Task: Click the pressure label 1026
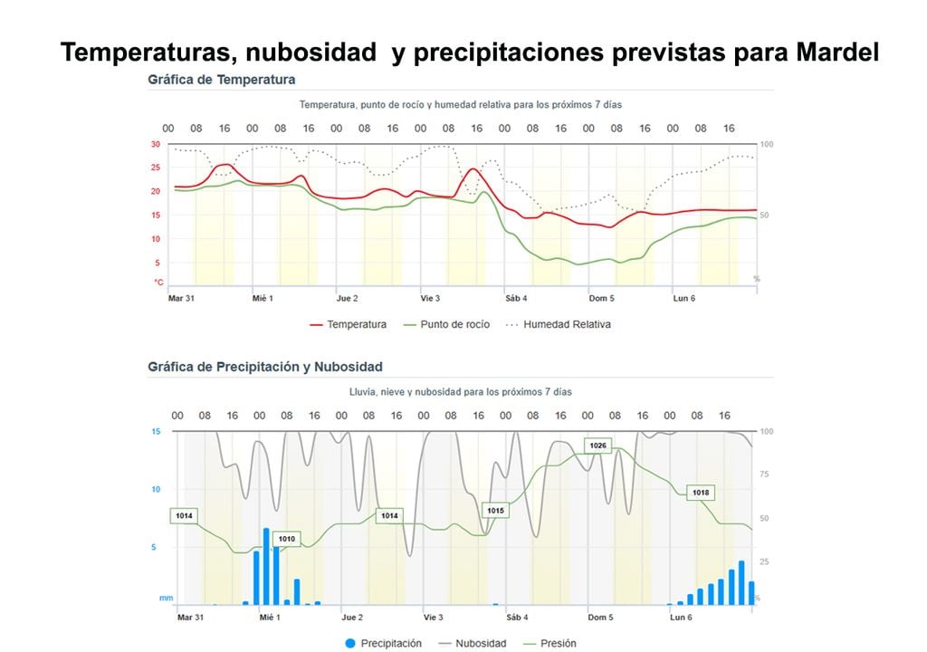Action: coord(597,446)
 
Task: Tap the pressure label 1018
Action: coord(700,493)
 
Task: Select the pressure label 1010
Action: coord(286,539)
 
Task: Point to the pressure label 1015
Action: coord(495,511)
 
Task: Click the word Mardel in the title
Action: coord(837,53)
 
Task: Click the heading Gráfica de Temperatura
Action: coord(221,80)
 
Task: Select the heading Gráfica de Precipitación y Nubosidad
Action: coord(264,367)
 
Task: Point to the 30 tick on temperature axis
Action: coord(156,145)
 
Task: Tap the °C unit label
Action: coord(158,283)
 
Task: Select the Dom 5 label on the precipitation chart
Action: coord(599,618)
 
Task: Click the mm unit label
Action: coord(166,598)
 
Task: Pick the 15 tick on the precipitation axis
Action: coord(156,432)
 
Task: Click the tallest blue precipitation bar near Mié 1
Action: coord(266,566)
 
